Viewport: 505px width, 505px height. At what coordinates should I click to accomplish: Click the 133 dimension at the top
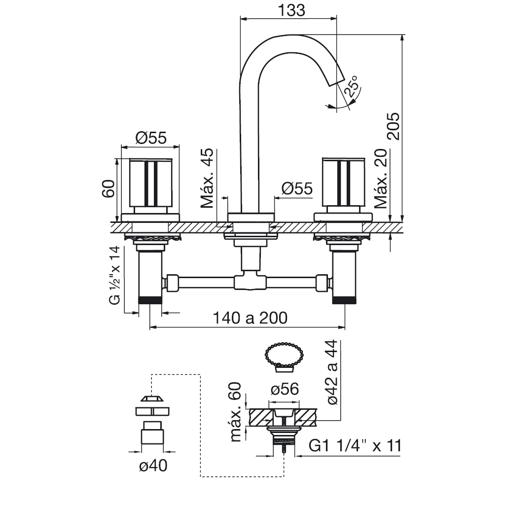[291, 10]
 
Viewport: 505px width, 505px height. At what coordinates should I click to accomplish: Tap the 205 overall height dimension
[393, 126]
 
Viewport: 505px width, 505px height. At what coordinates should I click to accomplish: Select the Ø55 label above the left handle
[151, 138]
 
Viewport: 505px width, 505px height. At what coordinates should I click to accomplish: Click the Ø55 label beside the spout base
[297, 188]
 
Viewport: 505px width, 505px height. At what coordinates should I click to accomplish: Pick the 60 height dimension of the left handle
[108, 189]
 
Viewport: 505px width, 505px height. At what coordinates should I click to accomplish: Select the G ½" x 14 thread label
[114, 275]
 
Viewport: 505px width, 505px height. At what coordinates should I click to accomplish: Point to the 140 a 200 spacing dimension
[250, 318]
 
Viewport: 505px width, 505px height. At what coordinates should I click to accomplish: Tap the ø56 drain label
[285, 389]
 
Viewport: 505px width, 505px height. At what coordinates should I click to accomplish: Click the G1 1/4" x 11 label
[355, 446]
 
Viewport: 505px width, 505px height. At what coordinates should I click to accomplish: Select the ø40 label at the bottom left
[153, 466]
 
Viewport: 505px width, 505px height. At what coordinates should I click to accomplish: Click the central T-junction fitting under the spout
[250, 282]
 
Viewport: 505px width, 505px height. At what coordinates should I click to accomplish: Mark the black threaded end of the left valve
[150, 300]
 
